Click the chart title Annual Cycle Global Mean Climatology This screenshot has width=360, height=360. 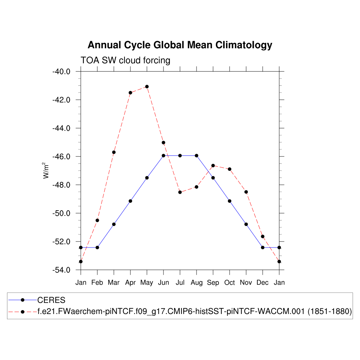click(x=180, y=45)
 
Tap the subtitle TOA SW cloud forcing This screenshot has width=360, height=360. click(x=125, y=60)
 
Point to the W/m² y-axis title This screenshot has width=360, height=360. click(x=46, y=171)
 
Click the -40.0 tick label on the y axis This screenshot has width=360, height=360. click(x=62, y=72)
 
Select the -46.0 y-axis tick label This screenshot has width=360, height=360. click(x=62, y=156)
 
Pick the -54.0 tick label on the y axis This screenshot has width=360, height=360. click(x=62, y=270)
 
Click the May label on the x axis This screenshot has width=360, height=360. click(x=147, y=283)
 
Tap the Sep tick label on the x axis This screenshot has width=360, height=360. click(x=213, y=283)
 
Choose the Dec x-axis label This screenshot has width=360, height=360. click(x=263, y=283)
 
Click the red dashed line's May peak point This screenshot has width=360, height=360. click(x=147, y=86)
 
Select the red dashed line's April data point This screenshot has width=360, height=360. click(x=130, y=92)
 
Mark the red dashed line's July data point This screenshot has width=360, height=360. click(x=180, y=192)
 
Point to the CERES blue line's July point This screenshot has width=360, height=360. click(x=180, y=155)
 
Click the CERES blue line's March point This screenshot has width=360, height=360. click(x=114, y=224)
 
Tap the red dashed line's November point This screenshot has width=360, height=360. click(x=246, y=192)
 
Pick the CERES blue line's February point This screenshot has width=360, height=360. click(x=97, y=247)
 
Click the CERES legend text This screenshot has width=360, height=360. click(x=51, y=300)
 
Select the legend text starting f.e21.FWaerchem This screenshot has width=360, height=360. click(x=195, y=311)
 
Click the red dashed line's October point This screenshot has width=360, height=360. click(x=230, y=169)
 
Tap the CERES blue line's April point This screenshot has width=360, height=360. click(x=130, y=201)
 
